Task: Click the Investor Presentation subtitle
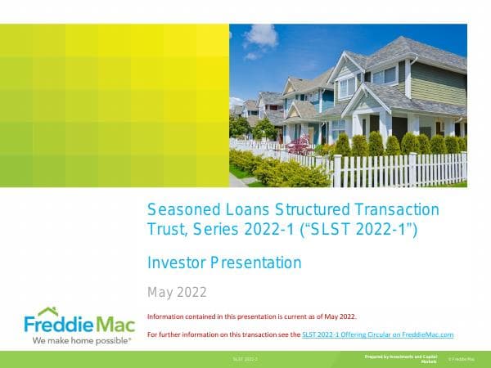(x=224, y=263)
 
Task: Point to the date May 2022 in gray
(x=177, y=292)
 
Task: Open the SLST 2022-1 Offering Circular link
(x=377, y=334)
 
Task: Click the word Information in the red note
(x=168, y=316)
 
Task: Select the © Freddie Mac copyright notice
(x=461, y=360)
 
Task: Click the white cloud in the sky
(x=260, y=37)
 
